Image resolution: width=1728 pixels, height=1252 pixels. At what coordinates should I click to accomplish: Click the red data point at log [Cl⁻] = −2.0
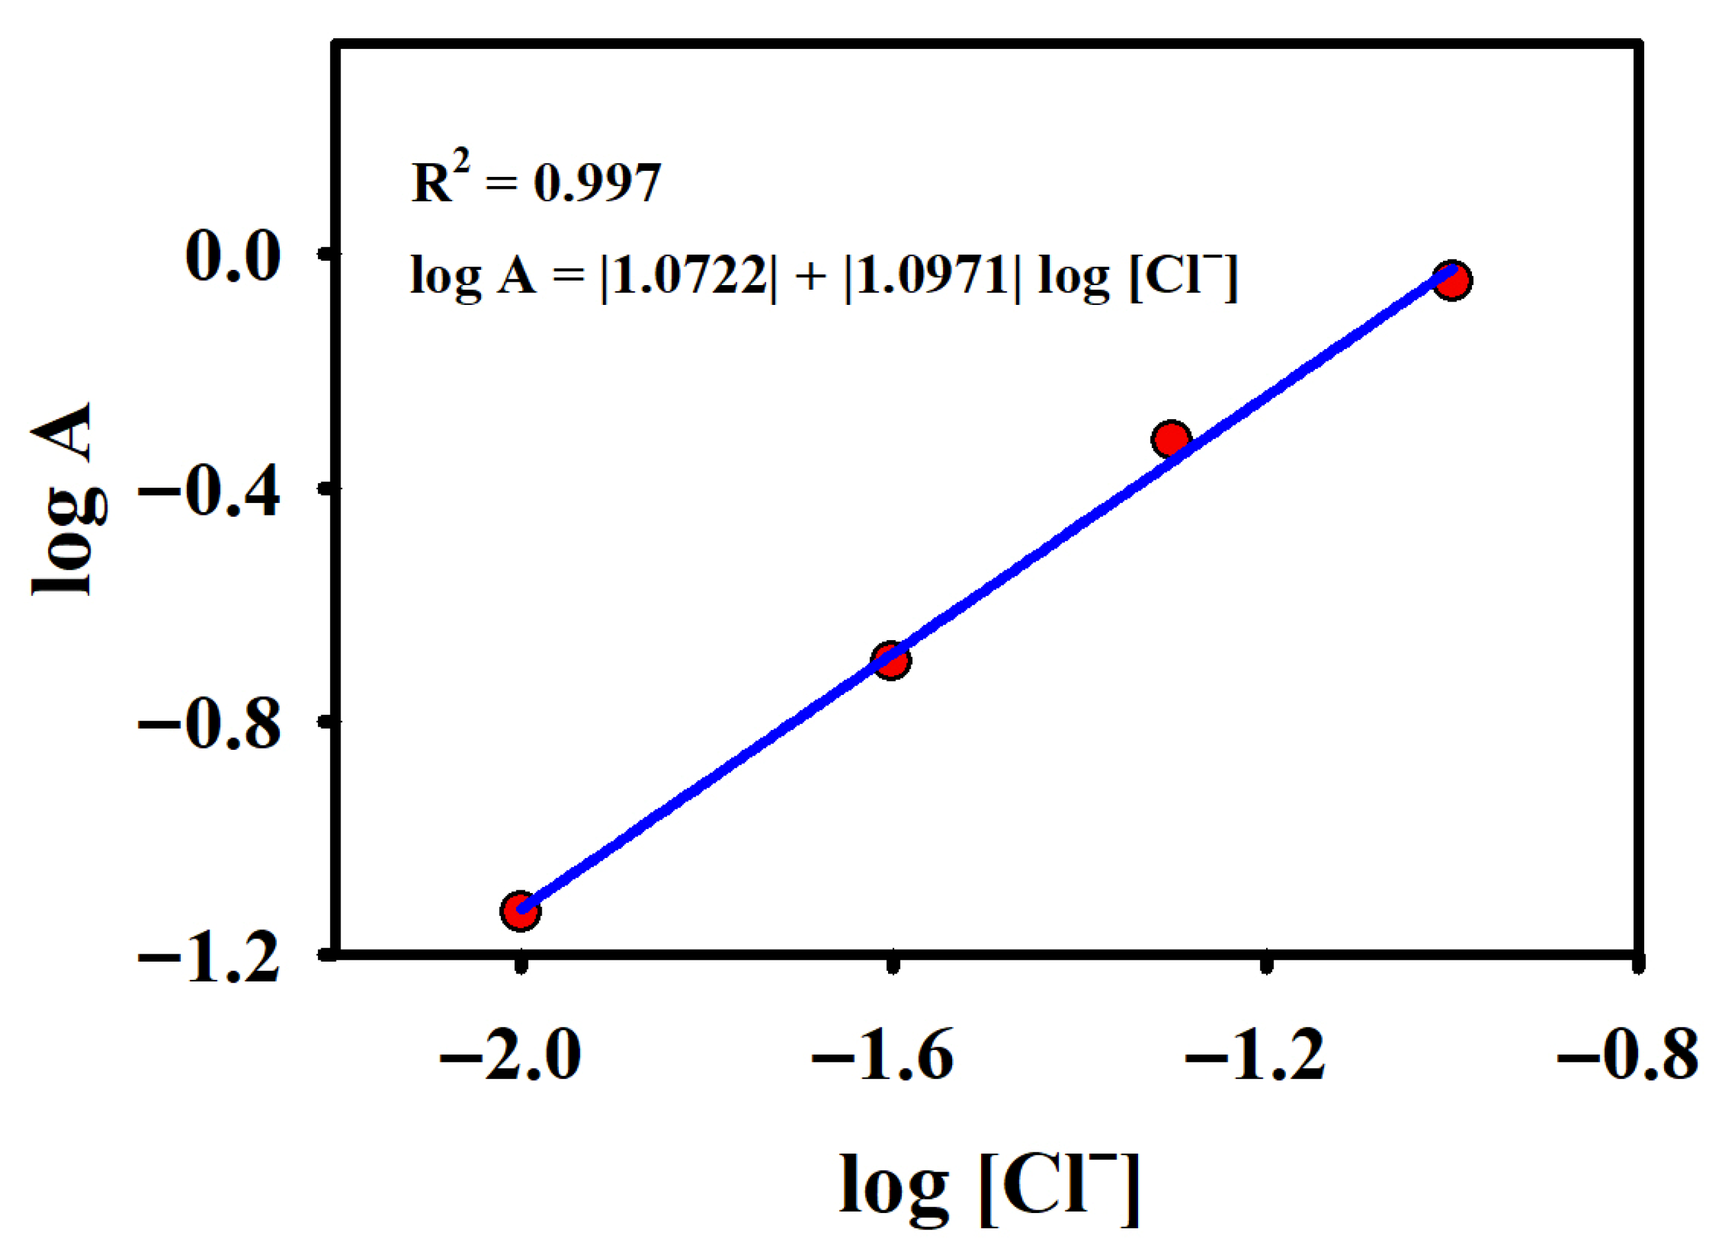521,911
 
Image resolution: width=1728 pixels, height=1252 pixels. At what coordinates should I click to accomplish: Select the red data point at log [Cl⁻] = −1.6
891,660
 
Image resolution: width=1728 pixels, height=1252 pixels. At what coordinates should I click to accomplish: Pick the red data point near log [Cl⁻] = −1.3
1171,439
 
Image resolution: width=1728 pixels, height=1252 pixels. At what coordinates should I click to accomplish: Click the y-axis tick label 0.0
232,257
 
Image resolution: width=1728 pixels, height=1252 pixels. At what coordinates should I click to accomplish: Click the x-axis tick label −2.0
510,1056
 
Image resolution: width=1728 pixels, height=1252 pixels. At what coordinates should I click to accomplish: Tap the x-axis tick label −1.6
882,1056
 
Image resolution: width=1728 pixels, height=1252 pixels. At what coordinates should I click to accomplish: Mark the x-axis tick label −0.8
1628,1056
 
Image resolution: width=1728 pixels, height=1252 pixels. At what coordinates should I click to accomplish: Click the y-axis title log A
67,499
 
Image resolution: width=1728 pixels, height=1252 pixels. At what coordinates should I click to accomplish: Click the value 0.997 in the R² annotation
597,183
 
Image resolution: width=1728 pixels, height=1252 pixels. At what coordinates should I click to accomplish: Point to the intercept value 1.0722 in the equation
689,276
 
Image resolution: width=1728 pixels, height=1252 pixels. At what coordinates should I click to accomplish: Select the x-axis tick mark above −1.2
1265,966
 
